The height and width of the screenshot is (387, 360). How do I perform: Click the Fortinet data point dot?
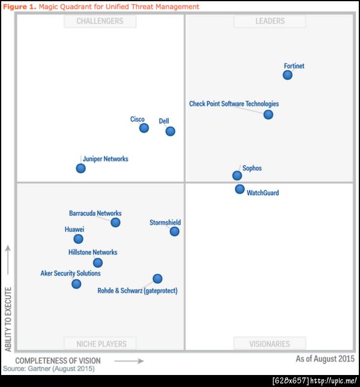click(x=287, y=75)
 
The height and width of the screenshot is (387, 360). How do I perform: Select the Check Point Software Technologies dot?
click(x=268, y=115)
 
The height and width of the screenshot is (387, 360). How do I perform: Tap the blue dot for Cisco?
click(x=144, y=128)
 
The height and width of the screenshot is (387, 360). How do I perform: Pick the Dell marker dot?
click(x=170, y=131)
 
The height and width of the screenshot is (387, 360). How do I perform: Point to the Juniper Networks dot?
click(x=81, y=169)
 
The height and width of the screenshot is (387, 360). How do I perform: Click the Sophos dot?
click(x=237, y=176)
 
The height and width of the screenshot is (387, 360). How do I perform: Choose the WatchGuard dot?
click(x=239, y=190)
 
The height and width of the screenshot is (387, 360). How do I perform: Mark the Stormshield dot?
click(x=175, y=232)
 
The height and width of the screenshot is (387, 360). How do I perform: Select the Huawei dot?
click(x=78, y=239)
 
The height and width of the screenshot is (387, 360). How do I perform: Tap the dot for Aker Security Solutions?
click(x=76, y=284)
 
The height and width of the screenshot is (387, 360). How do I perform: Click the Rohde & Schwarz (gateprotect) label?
click(x=137, y=291)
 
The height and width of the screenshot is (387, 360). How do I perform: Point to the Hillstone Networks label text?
click(x=93, y=253)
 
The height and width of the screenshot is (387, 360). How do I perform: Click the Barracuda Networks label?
click(x=95, y=214)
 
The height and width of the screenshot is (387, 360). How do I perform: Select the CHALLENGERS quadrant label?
click(x=100, y=21)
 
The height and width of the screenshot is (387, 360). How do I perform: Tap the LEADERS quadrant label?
click(x=269, y=21)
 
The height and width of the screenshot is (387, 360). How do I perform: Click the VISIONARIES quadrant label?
click(x=269, y=344)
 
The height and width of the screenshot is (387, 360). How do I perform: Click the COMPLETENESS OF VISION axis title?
click(x=58, y=361)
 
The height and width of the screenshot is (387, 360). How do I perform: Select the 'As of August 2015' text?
click(x=325, y=359)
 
